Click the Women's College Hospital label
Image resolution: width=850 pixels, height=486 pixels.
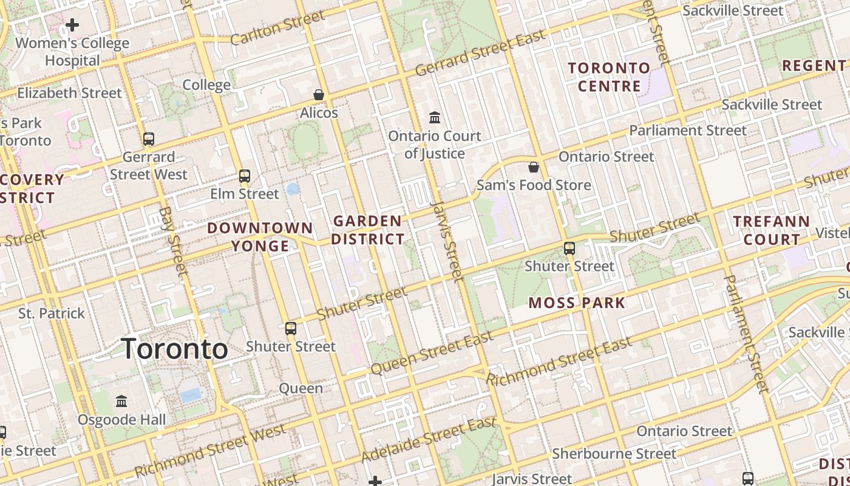pos(72,52)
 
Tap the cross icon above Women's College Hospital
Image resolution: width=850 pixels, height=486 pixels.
pos(72,25)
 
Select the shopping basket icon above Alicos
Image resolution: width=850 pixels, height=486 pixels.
pos(319,95)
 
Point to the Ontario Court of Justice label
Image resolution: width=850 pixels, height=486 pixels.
pos(435,145)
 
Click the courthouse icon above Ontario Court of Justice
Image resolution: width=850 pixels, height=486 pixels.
pos(435,117)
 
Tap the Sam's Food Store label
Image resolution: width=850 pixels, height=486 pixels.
pos(534,185)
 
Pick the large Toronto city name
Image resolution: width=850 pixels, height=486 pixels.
pos(175,349)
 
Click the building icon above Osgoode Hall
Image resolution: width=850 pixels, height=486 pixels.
pos(121,402)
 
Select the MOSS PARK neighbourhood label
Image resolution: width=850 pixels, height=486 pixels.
pos(577,303)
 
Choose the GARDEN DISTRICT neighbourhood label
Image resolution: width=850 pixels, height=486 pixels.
pos(368,230)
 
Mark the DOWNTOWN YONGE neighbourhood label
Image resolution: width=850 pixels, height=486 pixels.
pos(260,237)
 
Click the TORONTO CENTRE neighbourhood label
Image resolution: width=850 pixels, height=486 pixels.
pos(609,77)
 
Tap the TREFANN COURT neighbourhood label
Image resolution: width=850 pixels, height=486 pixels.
pos(772,230)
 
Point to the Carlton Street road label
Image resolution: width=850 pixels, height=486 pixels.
pos(278,28)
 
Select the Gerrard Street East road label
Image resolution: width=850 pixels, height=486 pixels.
pos(480,53)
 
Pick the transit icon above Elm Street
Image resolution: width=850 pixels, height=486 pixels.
pos(245,176)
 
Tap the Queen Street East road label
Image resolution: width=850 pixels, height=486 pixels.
pos(432,354)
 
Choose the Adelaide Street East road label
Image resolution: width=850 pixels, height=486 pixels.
pos(429,439)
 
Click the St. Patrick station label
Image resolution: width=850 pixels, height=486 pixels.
pos(52,313)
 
